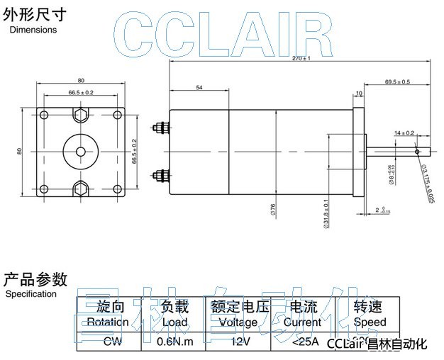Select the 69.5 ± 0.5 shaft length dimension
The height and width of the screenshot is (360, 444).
(x=397, y=82)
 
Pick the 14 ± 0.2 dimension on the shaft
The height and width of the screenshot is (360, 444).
(x=404, y=133)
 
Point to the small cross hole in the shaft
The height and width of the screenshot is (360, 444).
(x=418, y=150)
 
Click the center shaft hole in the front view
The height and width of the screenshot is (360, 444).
(x=81, y=151)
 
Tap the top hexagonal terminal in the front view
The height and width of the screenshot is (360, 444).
(x=81, y=115)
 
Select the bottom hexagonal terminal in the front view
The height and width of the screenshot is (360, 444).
(x=81, y=188)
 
